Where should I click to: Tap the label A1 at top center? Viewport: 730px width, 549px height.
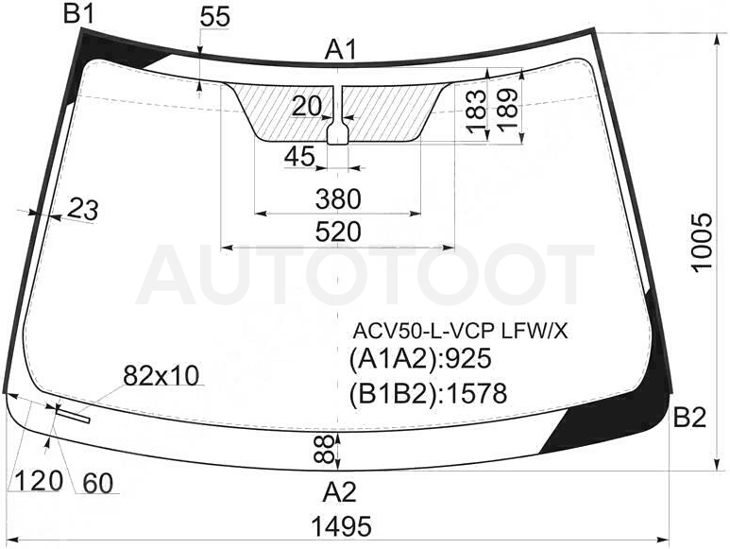point(341,50)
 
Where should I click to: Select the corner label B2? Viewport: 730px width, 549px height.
point(690,418)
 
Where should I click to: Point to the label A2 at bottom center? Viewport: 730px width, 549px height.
point(340,492)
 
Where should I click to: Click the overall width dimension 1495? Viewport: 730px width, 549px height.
point(341,526)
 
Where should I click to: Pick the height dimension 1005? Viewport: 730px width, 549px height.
point(702,241)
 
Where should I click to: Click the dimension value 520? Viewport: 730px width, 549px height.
point(338,232)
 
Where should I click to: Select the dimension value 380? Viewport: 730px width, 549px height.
point(338,198)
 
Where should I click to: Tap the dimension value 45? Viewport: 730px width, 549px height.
point(299,157)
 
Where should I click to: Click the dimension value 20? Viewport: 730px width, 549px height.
point(306,107)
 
